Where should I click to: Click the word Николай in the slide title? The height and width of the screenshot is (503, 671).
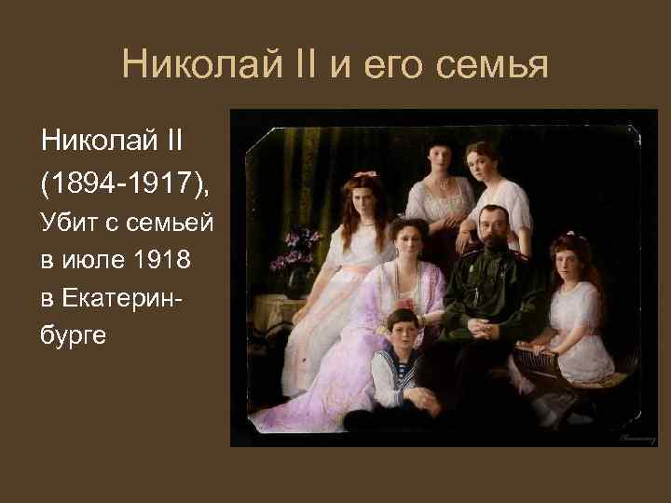(x=185, y=65)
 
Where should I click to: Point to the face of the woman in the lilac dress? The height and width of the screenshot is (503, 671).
(x=406, y=239)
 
